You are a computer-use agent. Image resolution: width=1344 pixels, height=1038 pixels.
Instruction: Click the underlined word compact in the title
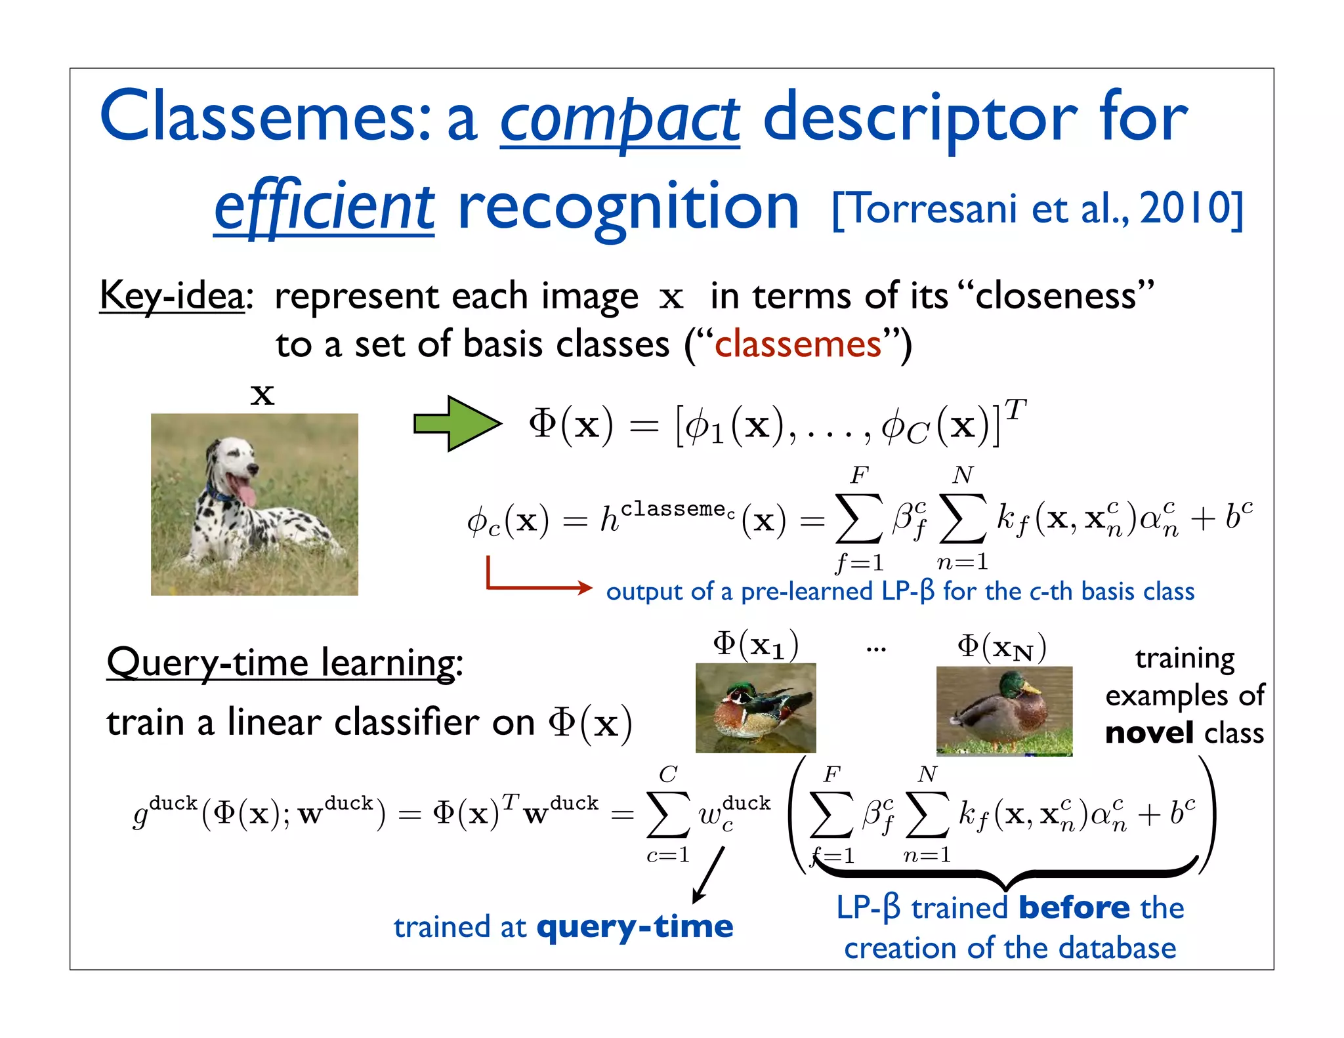click(619, 121)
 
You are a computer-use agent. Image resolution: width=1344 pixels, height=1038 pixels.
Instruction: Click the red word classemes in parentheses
click(797, 344)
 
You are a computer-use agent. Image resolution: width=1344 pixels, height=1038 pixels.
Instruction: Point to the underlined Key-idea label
click(172, 296)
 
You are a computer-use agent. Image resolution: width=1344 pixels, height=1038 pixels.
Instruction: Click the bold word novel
click(1148, 733)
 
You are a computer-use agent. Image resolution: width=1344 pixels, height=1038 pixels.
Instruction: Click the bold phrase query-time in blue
click(634, 926)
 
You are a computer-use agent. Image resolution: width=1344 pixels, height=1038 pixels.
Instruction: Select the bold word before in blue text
click(1074, 908)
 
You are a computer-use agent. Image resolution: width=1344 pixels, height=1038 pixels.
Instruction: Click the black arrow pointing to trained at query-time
click(709, 874)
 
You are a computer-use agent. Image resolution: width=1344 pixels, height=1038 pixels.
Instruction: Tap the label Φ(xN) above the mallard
click(1001, 647)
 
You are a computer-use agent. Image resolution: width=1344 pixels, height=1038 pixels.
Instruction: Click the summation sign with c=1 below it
click(668, 814)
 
